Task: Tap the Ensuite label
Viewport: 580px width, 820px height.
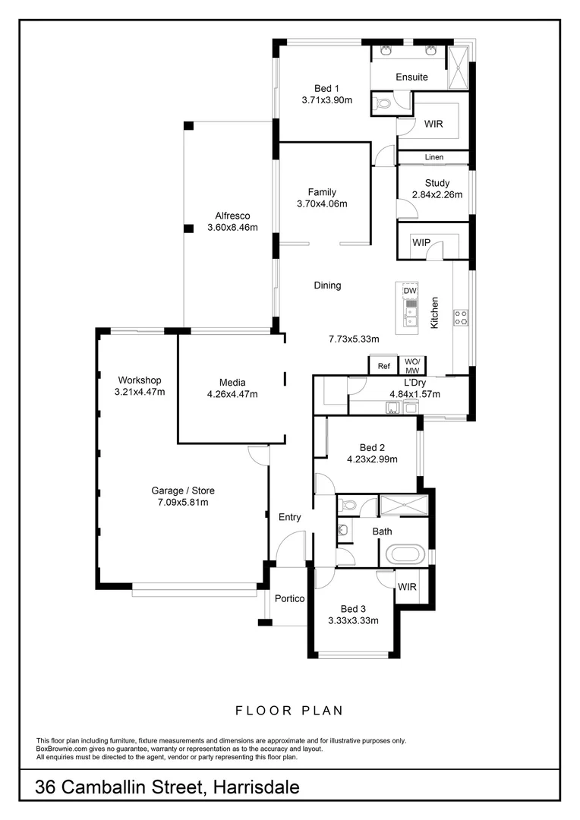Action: click(411, 77)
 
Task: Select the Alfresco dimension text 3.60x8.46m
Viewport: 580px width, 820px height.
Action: click(232, 227)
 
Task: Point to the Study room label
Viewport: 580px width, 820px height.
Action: click(437, 183)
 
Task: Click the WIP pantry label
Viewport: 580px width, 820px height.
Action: click(421, 242)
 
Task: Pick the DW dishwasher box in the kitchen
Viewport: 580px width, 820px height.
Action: click(409, 291)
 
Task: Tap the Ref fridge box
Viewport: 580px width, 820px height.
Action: click(384, 366)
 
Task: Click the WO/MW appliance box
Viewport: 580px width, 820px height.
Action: click(412, 365)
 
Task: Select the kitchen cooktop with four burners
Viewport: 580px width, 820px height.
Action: click(461, 318)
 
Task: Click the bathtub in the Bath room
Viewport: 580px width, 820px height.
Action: click(407, 553)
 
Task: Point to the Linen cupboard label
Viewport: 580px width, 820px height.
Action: click(433, 157)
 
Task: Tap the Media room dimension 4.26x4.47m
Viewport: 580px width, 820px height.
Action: click(232, 393)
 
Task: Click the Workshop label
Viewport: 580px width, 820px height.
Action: click(140, 380)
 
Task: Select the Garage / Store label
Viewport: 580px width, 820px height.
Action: click(183, 490)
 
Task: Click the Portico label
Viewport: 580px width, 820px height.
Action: click(290, 598)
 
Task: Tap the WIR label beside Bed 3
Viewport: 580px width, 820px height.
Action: click(406, 586)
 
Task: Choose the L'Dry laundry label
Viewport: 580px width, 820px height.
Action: click(414, 382)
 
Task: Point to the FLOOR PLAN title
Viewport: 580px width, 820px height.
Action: click(289, 711)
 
